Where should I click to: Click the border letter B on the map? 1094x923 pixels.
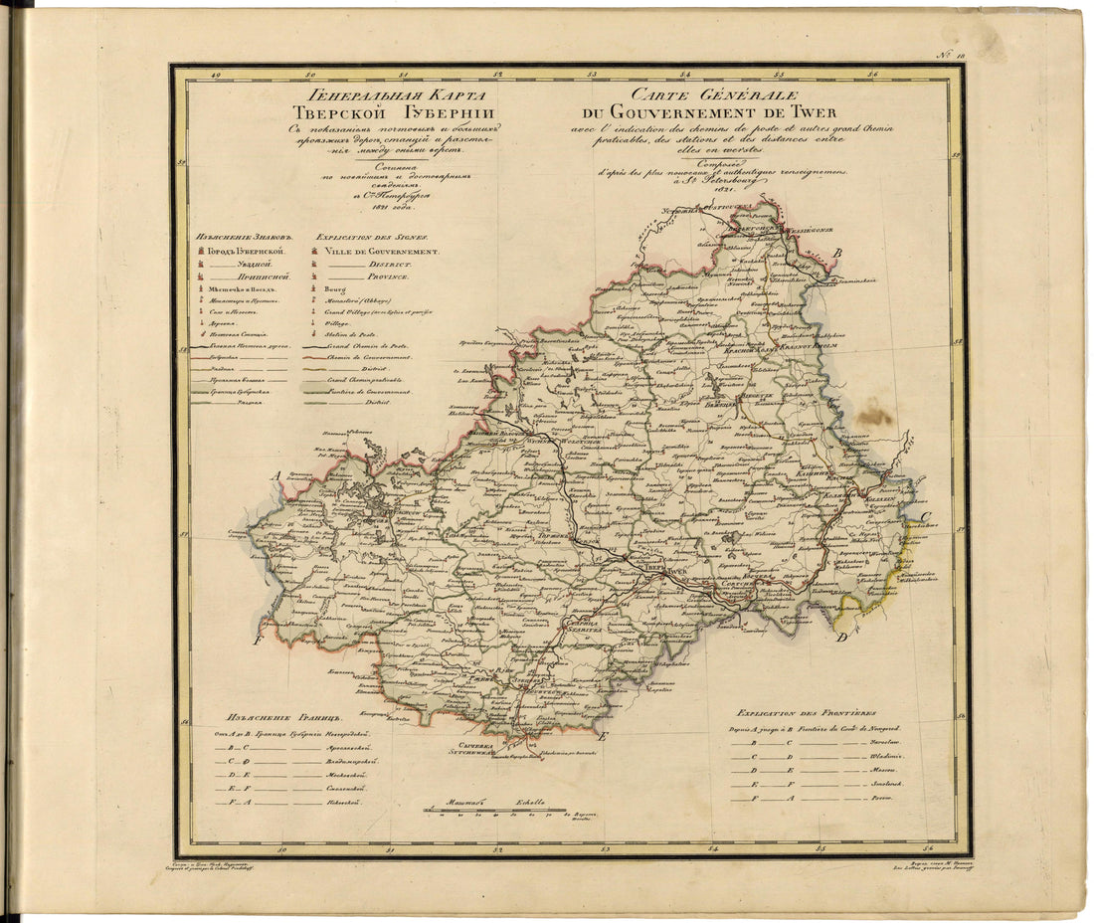tap(837, 254)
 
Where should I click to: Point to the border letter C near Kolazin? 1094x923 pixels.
tap(925, 516)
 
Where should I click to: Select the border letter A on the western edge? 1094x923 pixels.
tap(279, 475)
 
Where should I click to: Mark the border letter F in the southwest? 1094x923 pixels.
tap(258, 641)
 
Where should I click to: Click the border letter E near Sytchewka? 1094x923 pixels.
tap(601, 736)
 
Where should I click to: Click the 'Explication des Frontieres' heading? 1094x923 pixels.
tap(807, 713)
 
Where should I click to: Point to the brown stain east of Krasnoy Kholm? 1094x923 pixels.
tap(874, 414)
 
